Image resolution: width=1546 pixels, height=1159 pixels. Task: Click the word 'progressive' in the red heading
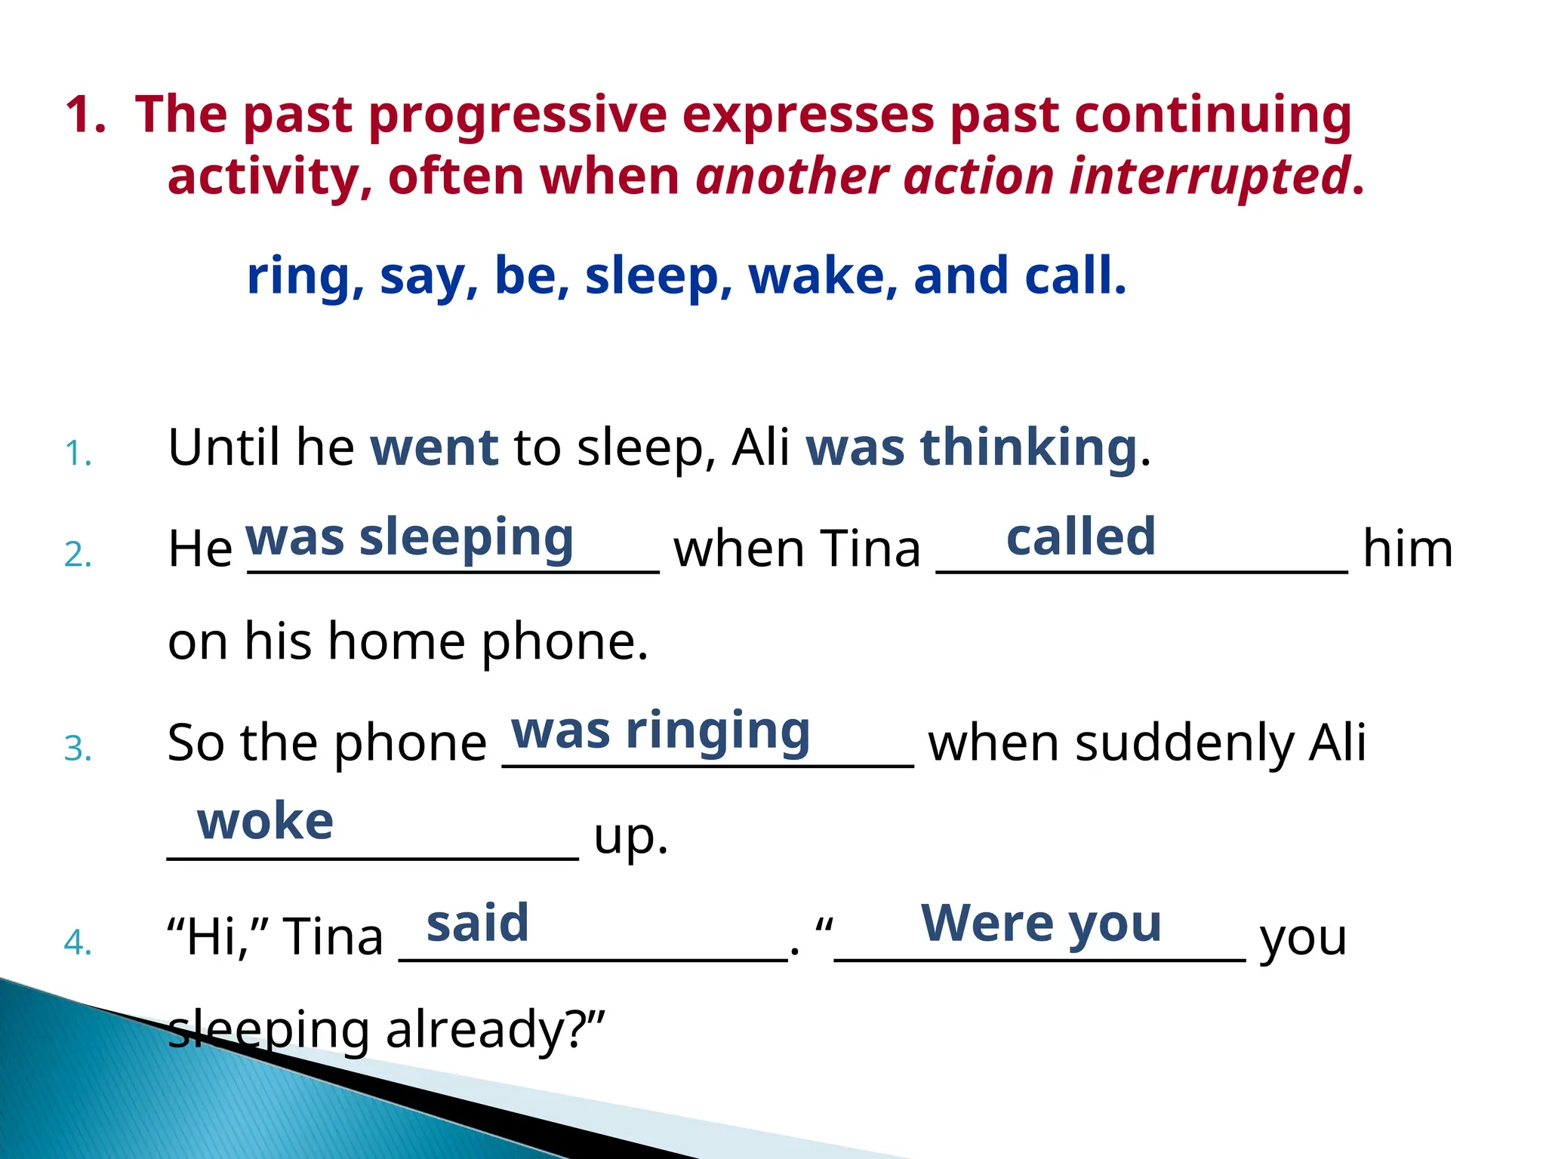(x=517, y=115)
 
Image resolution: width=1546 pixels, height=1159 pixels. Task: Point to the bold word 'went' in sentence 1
(x=434, y=447)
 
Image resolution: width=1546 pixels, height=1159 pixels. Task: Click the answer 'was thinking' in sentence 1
(x=972, y=447)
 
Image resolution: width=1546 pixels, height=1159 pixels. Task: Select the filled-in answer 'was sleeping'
(x=409, y=538)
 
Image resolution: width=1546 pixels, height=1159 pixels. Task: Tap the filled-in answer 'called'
(x=1080, y=537)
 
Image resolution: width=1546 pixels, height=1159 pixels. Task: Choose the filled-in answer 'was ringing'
(x=661, y=731)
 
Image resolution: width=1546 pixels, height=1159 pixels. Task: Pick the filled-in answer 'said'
(x=477, y=923)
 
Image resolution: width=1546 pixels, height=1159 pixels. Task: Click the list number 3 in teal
(x=78, y=749)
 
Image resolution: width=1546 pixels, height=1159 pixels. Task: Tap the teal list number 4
(x=78, y=942)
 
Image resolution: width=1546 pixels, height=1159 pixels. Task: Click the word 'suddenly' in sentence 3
(x=1186, y=743)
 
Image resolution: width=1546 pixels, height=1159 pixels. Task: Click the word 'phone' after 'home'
(x=563, y=642)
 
